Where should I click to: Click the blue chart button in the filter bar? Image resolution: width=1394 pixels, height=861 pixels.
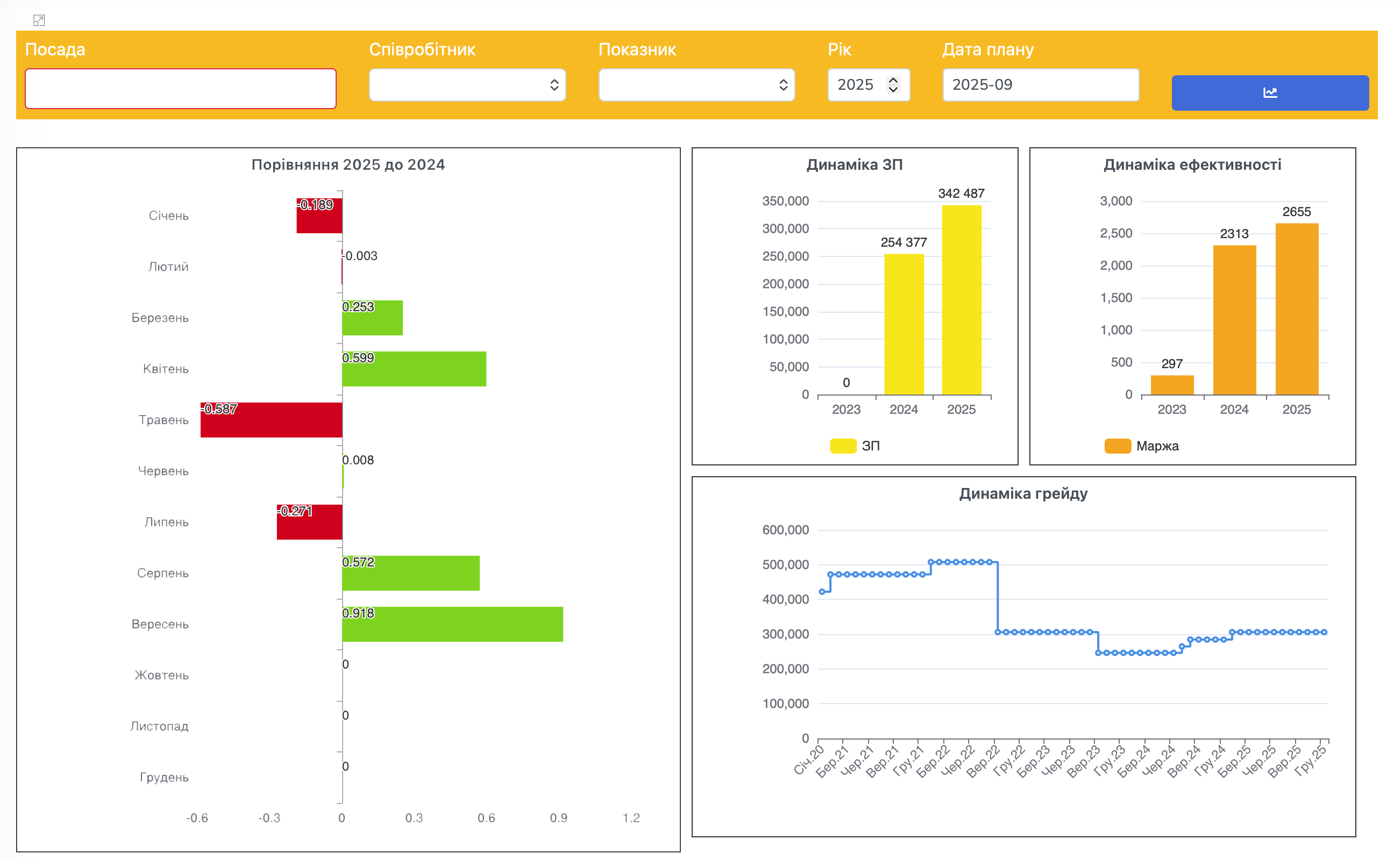click(x=1270, y=92)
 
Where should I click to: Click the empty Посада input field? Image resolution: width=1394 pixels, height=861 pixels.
click(x=181, y=88)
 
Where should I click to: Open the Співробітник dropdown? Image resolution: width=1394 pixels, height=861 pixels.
click(x=467, y=85)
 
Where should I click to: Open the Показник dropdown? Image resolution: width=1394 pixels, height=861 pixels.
click(x=696, y=85)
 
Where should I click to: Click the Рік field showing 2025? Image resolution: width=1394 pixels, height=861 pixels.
click(x=868, y=85)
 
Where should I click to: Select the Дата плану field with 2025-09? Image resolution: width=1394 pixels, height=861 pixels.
click(x=1041, y=85)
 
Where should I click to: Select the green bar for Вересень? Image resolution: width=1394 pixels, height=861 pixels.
click(x=452, y=624)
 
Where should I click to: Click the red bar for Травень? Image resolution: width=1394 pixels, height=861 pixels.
click(x=271, y=420)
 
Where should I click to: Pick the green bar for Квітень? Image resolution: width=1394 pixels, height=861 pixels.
click(x=414, y=369)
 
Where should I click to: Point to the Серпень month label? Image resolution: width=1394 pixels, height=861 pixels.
click(x=163, y=573)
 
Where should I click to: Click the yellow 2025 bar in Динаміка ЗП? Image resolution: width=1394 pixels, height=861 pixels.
click(x=962, y=299)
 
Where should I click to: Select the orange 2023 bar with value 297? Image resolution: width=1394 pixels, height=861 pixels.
click(x=1172, y=385)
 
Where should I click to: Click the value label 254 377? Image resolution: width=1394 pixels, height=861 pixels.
click(x=904, y=242)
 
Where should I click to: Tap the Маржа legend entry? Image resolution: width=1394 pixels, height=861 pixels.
click(x=1142, y=446)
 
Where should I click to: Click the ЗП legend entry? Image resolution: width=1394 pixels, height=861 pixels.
click(x=855, y=446)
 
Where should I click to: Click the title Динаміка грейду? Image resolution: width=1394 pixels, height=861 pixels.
click(x=1023, y=493)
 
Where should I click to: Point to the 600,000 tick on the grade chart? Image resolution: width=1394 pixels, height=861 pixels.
click(x=786, y=529)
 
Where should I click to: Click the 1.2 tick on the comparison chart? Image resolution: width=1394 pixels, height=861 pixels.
click(x=631, y=817)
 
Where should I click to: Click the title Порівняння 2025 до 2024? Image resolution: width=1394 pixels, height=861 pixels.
click(x=348, y=164)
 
